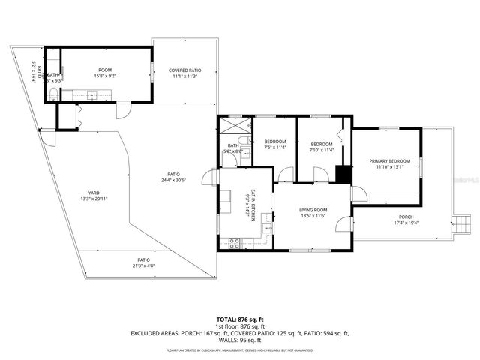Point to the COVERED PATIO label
184,73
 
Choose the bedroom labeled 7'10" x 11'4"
322,148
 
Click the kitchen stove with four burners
234,242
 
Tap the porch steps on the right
457,221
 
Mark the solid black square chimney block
343,173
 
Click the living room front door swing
344,223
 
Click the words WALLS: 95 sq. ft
239,340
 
